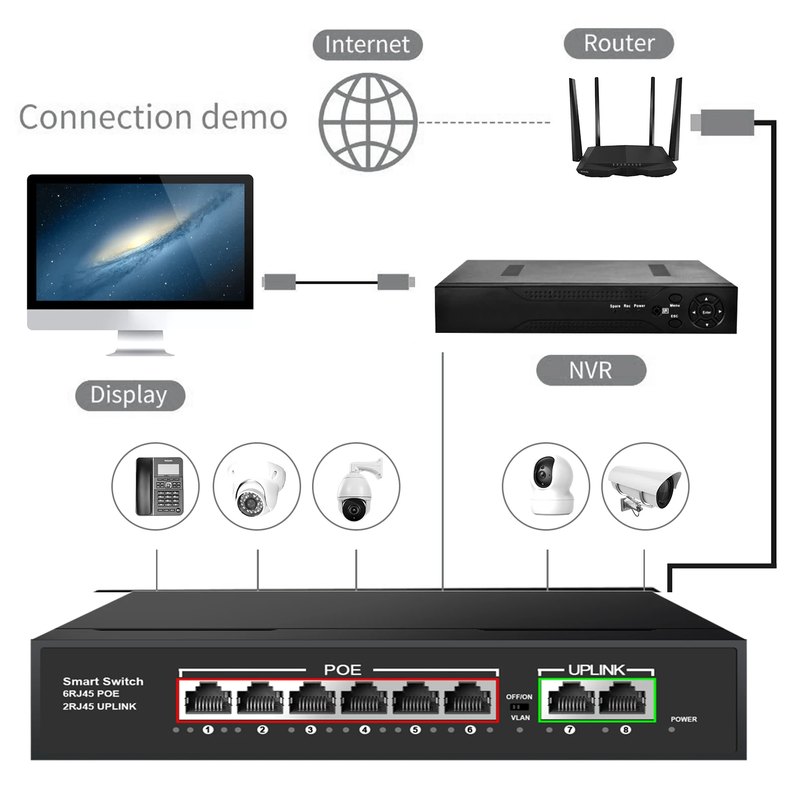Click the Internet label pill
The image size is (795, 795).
(367, 45)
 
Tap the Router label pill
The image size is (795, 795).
(619, 43)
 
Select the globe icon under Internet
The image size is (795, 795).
(368, 122)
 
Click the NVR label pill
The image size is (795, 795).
(591, 370)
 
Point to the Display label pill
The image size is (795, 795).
(130, 396)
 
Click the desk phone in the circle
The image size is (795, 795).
(156, 486)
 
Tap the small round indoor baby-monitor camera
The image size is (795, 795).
(546, 486)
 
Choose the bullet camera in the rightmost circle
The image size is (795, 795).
(645, 486)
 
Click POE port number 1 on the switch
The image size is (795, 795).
(208, 699)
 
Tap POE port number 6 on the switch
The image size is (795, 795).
(467, 699)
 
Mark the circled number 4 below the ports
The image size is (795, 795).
(365, 730)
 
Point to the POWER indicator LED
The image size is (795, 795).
(672, 729)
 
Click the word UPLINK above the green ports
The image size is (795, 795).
(596, 670)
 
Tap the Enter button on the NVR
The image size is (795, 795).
(707, 312)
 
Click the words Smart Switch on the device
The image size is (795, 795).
(103, 682)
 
